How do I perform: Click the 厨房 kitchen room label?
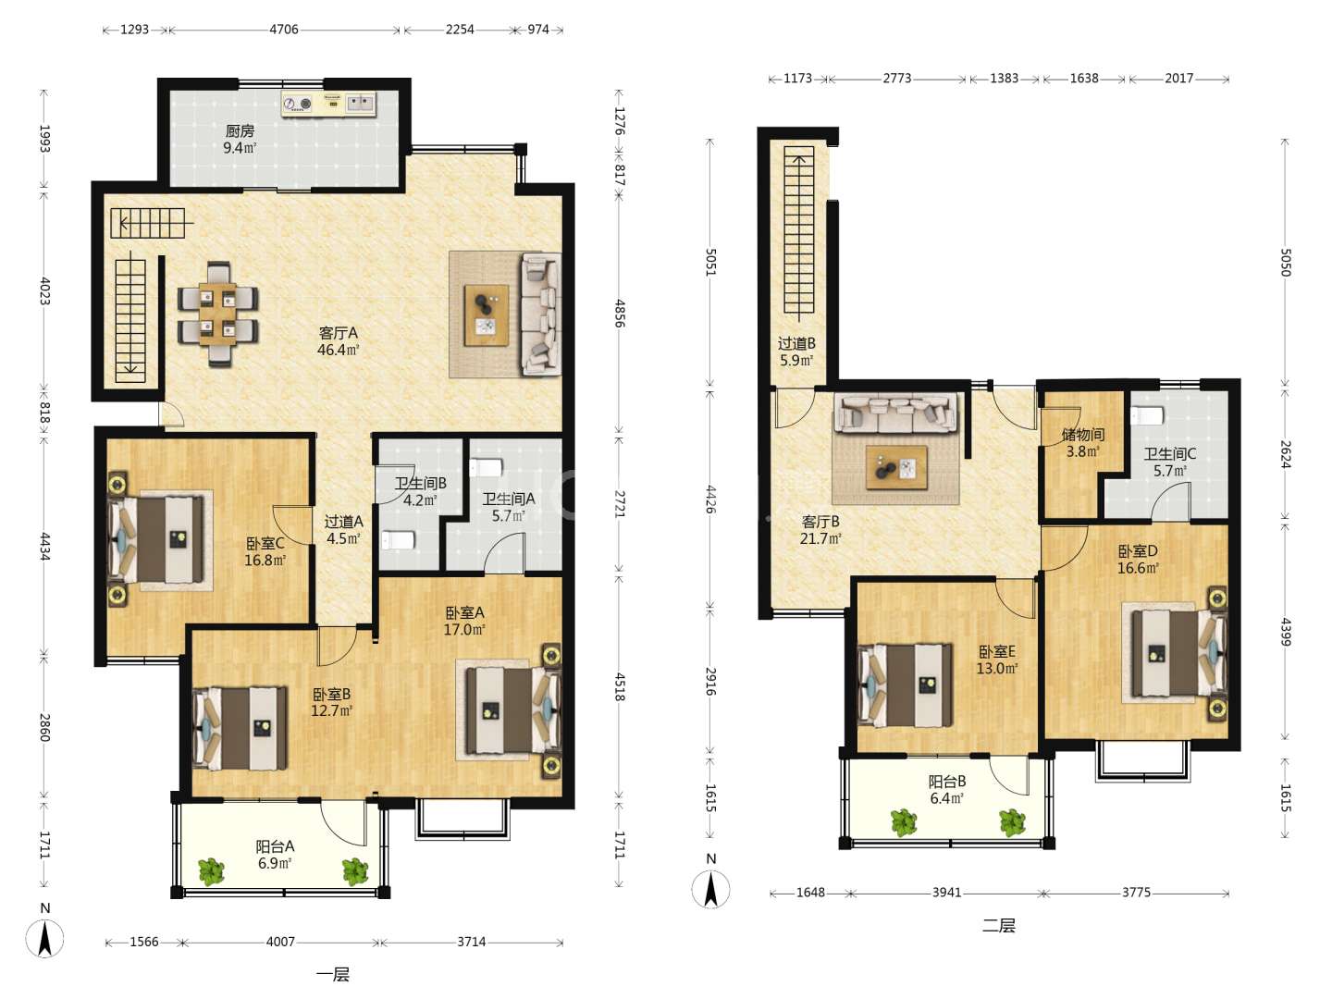(240, 130)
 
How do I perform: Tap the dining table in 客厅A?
(218, 314)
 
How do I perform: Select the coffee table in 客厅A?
(487, 315)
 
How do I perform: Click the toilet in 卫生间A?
(486, 468)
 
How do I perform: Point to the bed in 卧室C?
(156, 540)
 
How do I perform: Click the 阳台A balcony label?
(275, 846)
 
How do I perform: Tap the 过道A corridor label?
(344, 522)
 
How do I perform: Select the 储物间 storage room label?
(1083, 435)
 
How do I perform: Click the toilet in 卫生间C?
(1147, 415)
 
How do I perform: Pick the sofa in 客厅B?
(895, 413)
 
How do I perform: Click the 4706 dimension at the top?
(284, 29)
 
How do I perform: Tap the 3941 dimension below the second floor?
(946, 893)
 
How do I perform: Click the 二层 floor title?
(998, 926)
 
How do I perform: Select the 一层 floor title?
(333, 975)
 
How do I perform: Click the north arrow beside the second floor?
(711, 889)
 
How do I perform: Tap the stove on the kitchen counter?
(298, 105)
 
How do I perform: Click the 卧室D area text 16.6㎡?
(1138, 568)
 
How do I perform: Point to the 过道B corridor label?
(796, 343)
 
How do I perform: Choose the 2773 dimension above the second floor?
(897, 79)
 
